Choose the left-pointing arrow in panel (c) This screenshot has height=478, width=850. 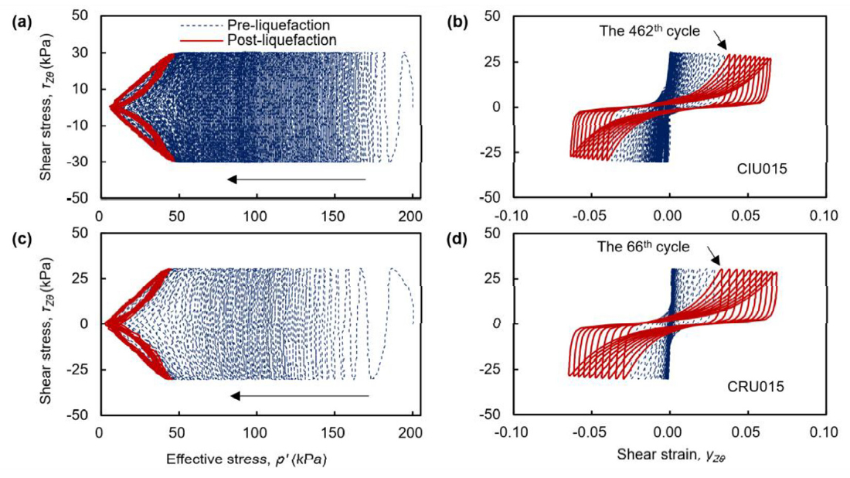(x=300, y=396)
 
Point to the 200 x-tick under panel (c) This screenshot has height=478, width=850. (x=412, y=432)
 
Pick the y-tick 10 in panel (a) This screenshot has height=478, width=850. (x=84, y=89)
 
